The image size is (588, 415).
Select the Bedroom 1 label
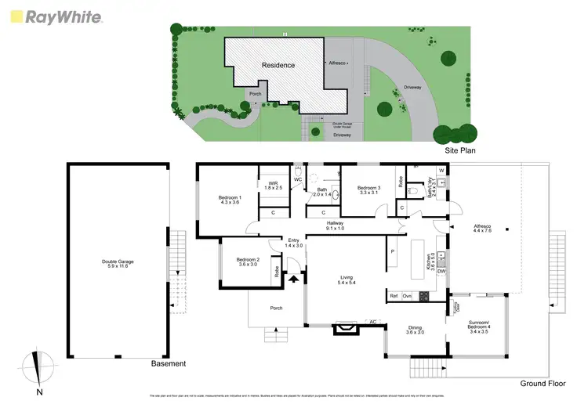[x=229, y=200]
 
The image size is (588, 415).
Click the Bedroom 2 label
[x=248, y=262]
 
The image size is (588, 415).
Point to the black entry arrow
[x=294, y=276]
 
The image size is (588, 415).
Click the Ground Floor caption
[x=541, y=384]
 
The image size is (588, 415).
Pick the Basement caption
[x=169, y=363]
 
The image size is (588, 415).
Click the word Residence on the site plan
[x=278, y=65]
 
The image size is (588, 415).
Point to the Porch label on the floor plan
[x=276, y=308]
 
